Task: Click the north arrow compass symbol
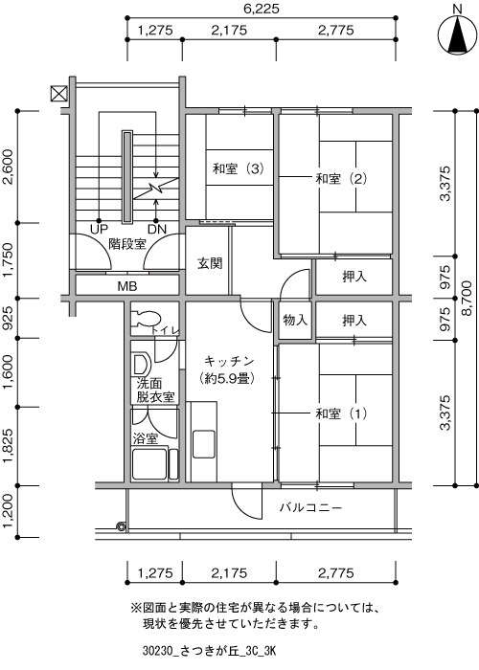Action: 457,35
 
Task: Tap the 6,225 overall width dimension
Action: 262,8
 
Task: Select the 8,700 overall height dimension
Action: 467,298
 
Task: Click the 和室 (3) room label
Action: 238,169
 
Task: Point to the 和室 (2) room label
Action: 341,179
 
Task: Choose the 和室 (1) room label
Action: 341,413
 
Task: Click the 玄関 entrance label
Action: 210,263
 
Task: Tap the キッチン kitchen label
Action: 229,362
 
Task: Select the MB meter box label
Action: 127,286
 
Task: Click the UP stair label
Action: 99,230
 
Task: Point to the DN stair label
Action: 157,230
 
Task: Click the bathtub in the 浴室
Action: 149,463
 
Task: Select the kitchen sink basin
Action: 203,444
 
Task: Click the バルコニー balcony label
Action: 311,507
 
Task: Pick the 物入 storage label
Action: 295,320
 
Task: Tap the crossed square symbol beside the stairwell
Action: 58,93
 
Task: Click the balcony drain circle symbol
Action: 122,526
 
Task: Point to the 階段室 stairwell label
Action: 127,244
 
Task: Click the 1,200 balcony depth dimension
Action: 8,512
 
